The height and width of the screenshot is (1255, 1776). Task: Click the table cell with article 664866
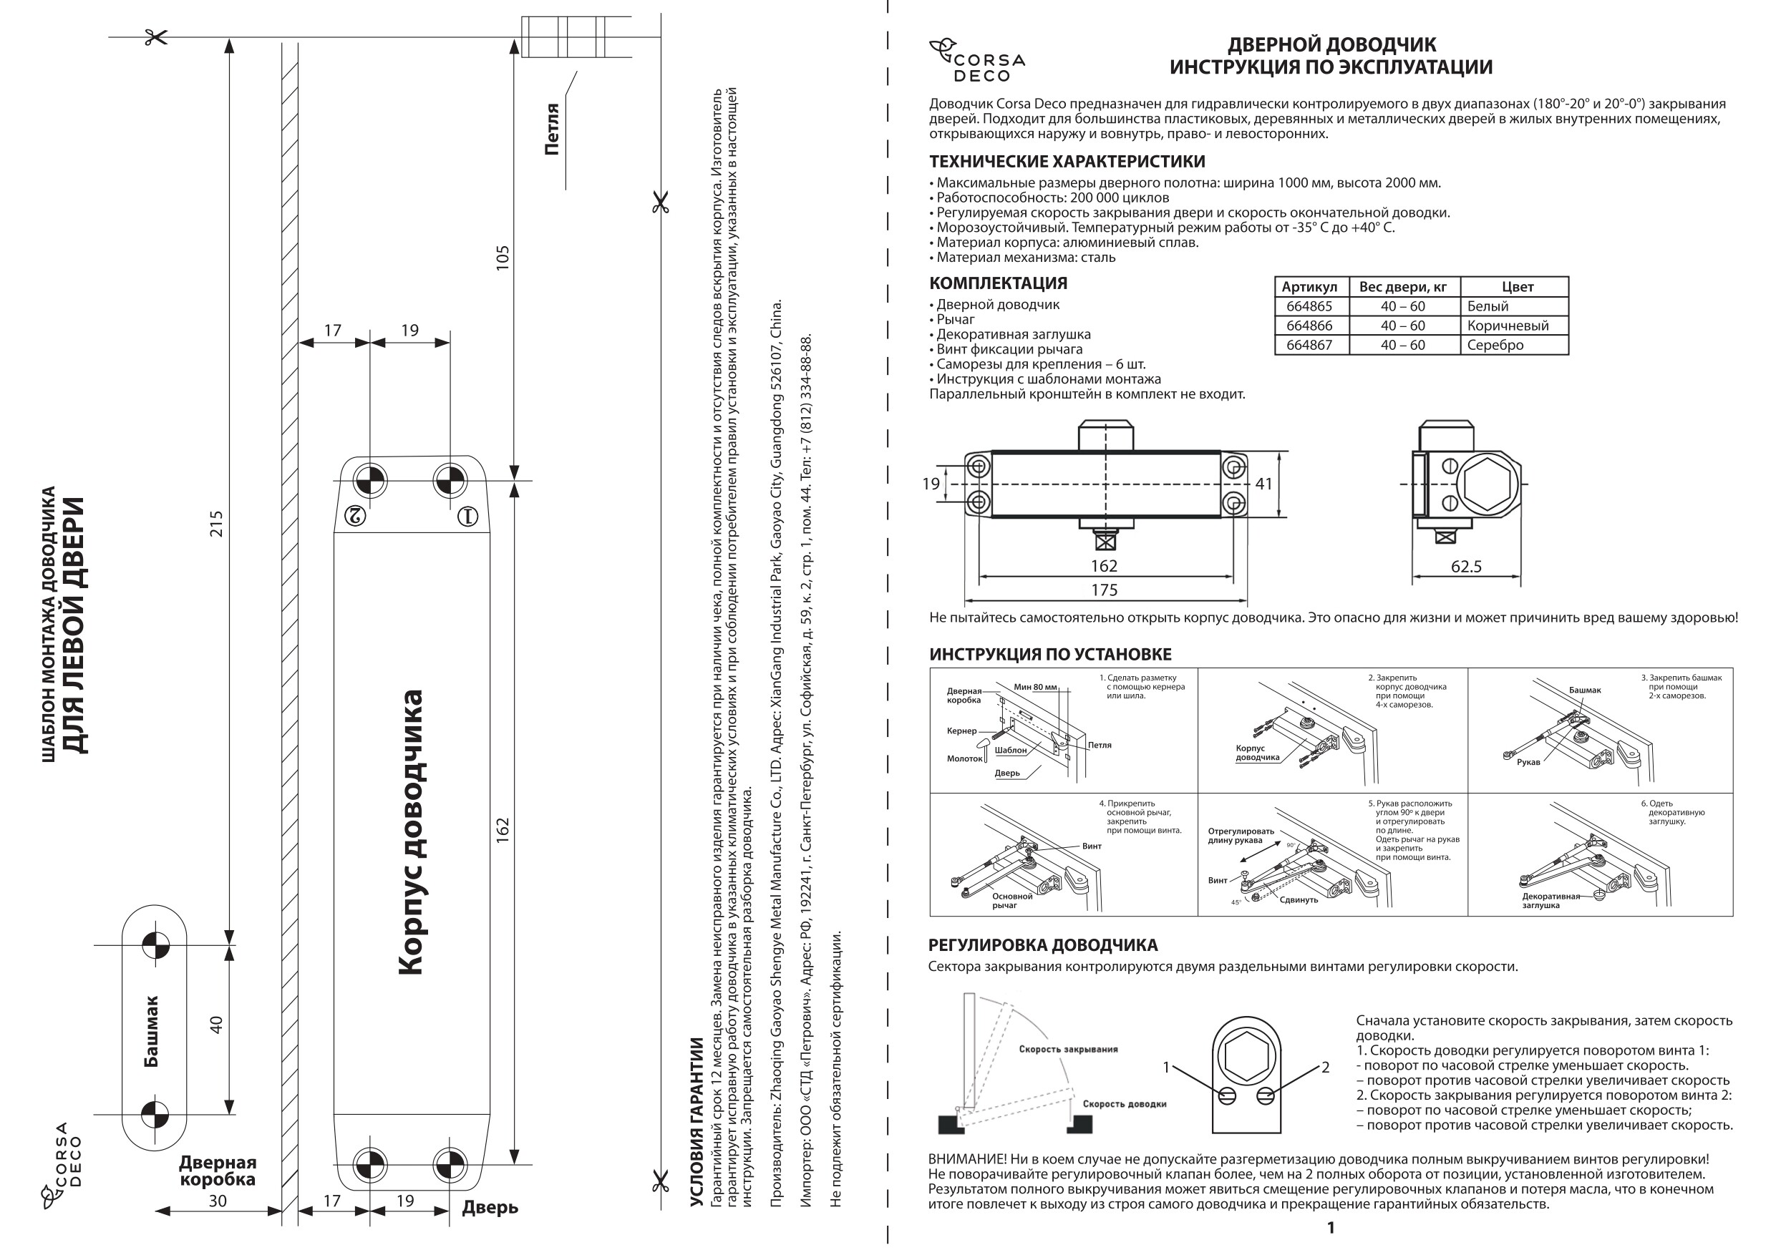[1309, 326]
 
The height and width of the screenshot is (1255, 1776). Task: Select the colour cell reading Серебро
[1495, 345]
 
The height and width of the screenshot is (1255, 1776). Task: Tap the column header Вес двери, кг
[1402, 287]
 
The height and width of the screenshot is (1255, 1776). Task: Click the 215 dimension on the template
[217, 524]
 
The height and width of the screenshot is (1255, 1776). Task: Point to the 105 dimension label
[503, 258]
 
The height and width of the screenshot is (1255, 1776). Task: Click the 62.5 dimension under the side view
[1466, 566]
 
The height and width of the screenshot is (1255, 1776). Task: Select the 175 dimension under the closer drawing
[1104, 590]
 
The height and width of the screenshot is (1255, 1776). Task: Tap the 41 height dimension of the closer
[1263, 484]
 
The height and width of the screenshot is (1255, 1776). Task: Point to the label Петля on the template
[551, 129]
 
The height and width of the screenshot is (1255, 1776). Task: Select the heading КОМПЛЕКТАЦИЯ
[998, 283]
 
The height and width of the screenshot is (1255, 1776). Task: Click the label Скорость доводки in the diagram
[1124, 1103]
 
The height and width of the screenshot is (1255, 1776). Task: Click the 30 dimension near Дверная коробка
[218, 1200]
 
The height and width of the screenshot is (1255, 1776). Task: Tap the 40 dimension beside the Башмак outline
[217, 1025]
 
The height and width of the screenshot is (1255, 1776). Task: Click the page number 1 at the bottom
[1331, 1228]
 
